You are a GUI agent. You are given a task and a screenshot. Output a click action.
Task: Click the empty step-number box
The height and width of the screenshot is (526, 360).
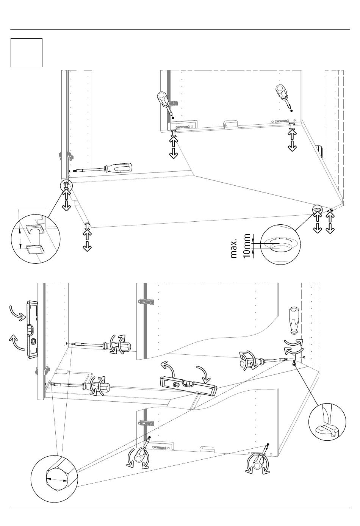click(x=27, y=53)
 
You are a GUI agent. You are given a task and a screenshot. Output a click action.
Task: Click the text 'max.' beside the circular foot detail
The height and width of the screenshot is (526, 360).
click(x=234, y=249)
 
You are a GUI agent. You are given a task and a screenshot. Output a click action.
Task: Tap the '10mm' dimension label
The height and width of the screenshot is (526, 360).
click(x=247, y=246)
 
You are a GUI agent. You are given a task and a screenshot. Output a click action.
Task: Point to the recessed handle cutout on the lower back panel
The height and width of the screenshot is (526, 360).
click(x=207, y=448)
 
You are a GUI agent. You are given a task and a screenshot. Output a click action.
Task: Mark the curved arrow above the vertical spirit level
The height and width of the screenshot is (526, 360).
click(x=18, y=312)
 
